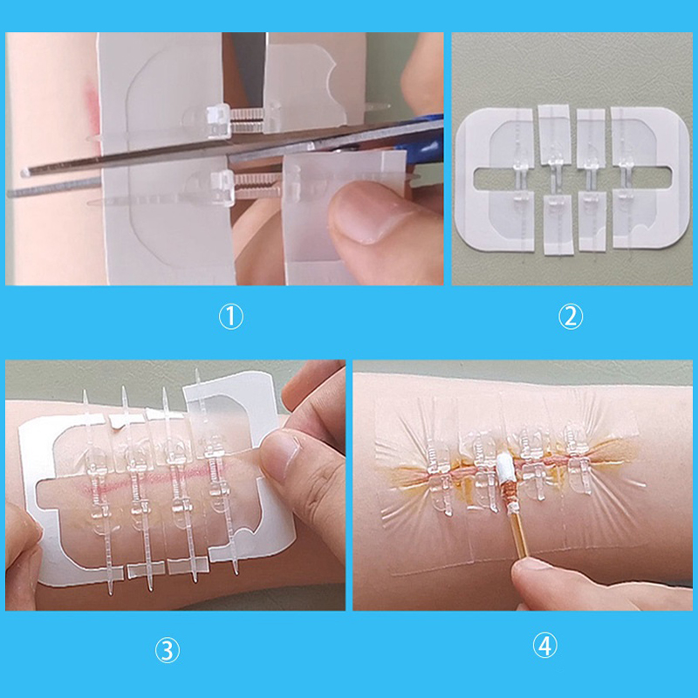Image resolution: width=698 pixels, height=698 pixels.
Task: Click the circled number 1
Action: point(231,318)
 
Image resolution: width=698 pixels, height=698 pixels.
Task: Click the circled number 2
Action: point(571,317)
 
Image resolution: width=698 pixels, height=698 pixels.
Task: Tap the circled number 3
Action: point(168,651)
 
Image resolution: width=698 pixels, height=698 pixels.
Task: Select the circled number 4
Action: point(544,646)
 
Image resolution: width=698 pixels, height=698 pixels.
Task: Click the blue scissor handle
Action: point(419,133)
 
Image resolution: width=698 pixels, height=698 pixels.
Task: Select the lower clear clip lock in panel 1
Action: point(222,187)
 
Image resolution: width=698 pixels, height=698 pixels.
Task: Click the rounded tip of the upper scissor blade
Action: point(25,172)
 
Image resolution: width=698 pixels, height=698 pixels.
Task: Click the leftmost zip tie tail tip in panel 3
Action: point(85,392)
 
